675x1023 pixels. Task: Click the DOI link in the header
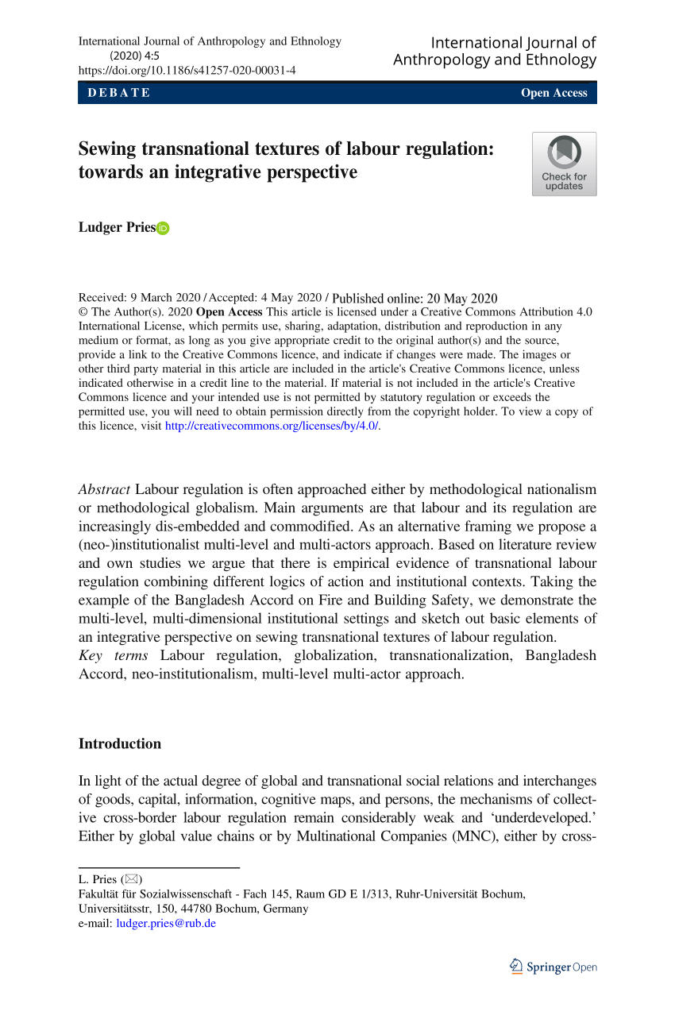[187, 70]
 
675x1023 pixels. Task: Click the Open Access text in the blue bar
[553, 93]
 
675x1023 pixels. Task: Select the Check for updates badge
[564, 164]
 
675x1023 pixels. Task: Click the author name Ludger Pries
[117, 228]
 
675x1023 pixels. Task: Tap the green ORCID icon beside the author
[164, 229]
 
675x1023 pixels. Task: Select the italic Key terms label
[114, 655]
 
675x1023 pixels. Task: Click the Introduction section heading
[120, 744]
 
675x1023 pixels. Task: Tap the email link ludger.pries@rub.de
[166, 923]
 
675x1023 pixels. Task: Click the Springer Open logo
[553, 967]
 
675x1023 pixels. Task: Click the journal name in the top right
[495, 51]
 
